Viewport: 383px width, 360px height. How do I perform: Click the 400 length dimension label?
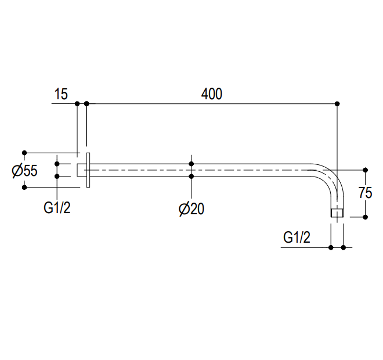[212, 94]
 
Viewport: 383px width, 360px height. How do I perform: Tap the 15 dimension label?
[61, 94]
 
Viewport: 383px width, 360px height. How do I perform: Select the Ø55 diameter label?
[25, 171]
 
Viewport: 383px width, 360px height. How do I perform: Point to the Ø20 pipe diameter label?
[191, 209]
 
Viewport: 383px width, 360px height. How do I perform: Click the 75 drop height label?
[365, 193]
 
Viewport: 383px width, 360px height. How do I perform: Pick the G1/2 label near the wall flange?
[57, 208]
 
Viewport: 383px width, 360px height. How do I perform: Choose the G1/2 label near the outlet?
[297, 237]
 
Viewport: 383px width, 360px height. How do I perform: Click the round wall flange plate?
[88, 170]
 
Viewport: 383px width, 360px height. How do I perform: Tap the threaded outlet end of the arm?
[337, 213]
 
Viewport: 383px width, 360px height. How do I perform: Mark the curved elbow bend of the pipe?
[333, 176]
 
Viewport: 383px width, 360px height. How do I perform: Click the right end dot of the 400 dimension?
[337, 104]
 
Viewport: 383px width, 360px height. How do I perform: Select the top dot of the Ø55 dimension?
[24, 153]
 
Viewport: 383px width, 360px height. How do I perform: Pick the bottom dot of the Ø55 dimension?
[24, 188]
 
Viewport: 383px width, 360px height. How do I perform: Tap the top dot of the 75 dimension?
[366, 170]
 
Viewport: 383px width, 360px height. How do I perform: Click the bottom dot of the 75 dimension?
[366, 217]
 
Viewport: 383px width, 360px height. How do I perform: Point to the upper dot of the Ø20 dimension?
[191, 164]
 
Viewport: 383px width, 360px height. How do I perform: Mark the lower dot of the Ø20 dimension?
[191, 176]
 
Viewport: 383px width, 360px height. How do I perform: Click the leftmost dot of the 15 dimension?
[77, 104]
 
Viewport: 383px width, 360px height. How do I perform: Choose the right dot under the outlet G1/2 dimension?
[343, 247]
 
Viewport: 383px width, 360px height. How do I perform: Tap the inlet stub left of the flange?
[82, 170]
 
